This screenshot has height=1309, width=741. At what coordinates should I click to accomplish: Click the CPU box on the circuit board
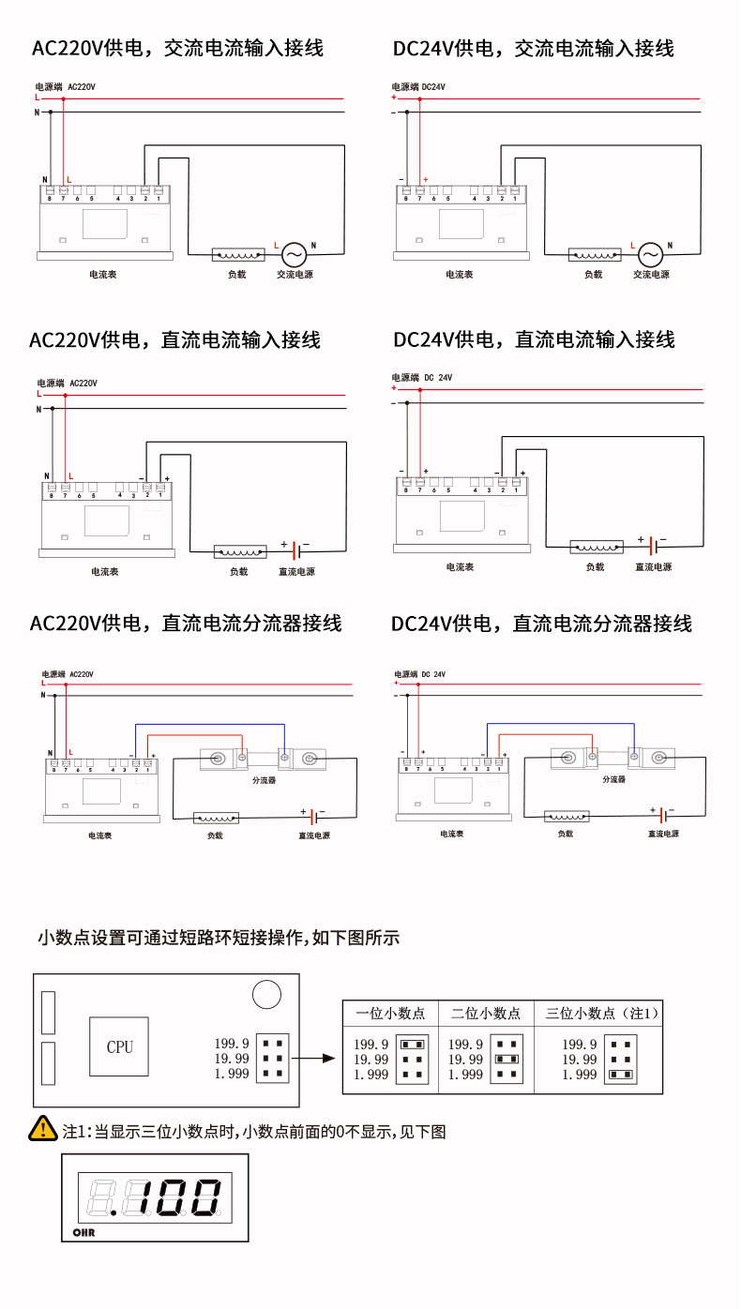pos(119,1046)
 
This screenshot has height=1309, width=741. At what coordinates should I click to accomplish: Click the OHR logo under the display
pos(83,1231)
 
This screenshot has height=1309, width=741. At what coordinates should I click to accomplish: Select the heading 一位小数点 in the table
pos(390,1013)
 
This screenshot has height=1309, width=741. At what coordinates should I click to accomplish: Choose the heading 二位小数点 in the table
pos(486,1013)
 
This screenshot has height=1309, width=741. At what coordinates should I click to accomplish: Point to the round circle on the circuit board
pos(266,994)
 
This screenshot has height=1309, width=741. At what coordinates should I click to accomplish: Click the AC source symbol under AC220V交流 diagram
pos(295,254)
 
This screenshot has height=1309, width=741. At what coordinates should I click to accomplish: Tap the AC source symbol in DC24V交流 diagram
pos(651,254)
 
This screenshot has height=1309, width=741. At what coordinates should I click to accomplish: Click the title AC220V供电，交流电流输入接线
pos(177,48)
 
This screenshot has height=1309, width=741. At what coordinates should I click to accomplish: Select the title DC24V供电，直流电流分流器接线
pos(541,624)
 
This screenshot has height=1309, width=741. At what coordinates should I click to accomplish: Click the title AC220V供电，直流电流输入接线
pos(175,339)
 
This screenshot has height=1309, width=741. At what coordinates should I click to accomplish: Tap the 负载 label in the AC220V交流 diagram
pos(236,275)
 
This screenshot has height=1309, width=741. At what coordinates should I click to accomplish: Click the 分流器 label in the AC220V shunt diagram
pos(264,780)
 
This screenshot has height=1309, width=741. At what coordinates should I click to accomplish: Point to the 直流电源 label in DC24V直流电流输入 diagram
pos(653,567)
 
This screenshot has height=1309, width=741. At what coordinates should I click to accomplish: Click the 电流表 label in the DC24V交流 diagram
pos(459,275)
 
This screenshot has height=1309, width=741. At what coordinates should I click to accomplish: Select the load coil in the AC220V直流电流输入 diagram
pos(240,550)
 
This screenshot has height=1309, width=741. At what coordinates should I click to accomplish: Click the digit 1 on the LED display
pos(144,1197)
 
